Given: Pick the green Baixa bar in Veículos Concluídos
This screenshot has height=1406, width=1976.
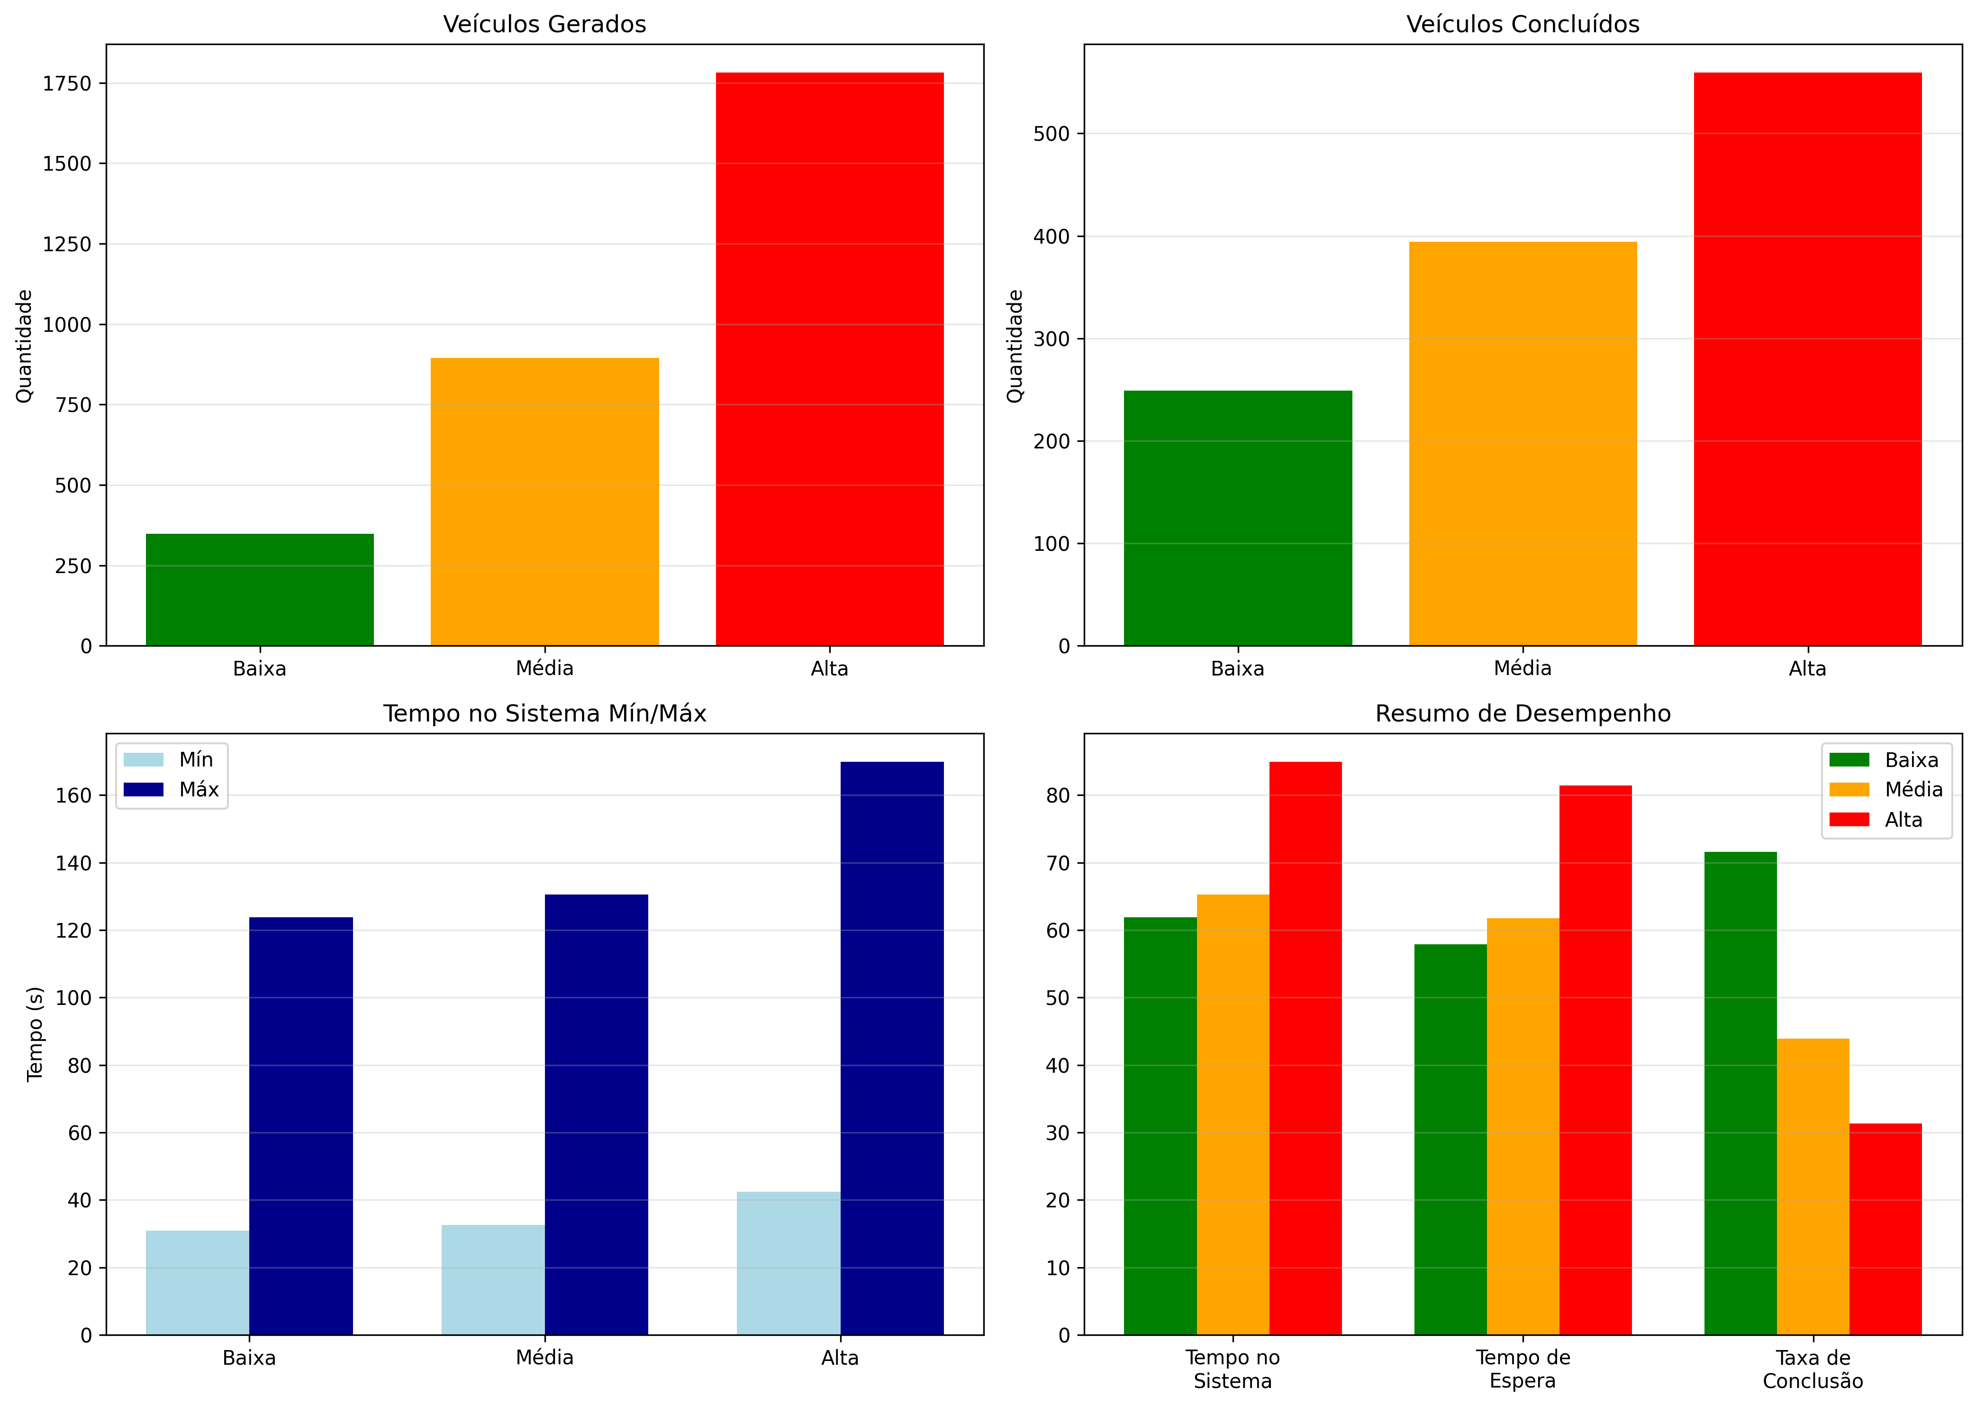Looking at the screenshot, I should click(1238, 518).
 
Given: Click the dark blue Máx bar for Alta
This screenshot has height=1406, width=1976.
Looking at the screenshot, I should click(891, 1048).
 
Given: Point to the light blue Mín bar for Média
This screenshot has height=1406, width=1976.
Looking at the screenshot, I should click(492, 1279).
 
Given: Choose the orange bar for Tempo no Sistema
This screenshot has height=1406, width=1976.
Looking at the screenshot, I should click(1233, 1114).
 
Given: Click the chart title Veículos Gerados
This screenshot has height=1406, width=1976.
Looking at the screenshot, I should click(544, 24).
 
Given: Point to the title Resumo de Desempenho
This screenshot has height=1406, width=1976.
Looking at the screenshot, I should click(1523, 713).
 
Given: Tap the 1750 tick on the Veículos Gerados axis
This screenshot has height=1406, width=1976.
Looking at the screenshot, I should click(67, 84).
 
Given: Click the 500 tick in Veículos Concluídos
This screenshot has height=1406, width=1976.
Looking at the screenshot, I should click(1051, 134).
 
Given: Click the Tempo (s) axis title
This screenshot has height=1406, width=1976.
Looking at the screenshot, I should click(35, 1034).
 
